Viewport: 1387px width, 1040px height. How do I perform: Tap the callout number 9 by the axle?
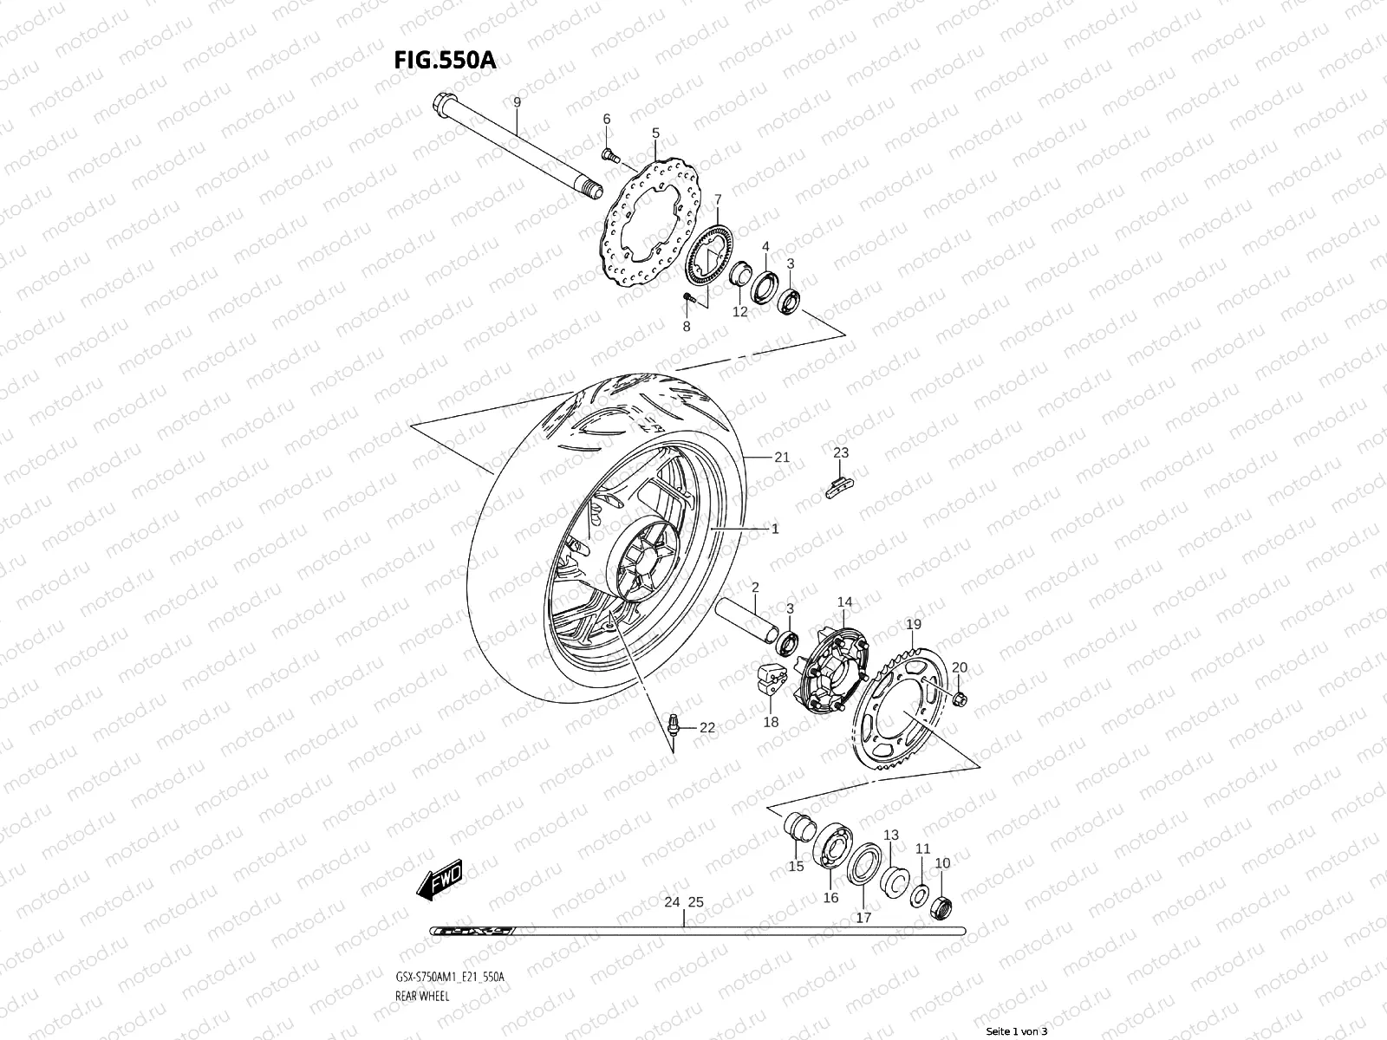pyautogui.click(x=517, y=102)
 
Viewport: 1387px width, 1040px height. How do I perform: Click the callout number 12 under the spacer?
pyautogui.click(x=739, y=312)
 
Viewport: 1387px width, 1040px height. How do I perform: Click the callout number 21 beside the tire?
pyautogui.click(x=782, y=458)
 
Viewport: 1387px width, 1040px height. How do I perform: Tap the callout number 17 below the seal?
pyautogui.click(x=863, y=917)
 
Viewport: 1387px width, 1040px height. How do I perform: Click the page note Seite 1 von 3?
pyautogui.click(x=1017, y=1030)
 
